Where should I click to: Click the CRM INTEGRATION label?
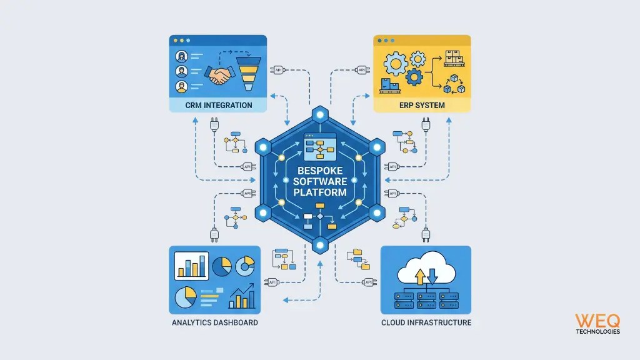click(x=219, y=105)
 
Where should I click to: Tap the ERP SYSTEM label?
click(x=422, y=105)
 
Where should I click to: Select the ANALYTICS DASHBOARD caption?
click(x=214, y=322)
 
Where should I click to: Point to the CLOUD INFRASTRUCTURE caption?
click(x=426, y=322)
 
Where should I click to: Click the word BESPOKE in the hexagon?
click(x=320, y=170)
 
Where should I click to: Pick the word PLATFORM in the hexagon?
click(x=320, y=192)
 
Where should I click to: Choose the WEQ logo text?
click(x=597, y=321)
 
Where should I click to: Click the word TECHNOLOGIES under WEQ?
click(x=597, y=332)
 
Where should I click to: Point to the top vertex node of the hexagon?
click(x=320, y=115)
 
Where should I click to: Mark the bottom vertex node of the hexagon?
click(x=320, y=244)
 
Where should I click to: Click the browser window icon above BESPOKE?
click(x=319, y=146)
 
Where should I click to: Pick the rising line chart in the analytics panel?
click(x=241, y=297)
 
